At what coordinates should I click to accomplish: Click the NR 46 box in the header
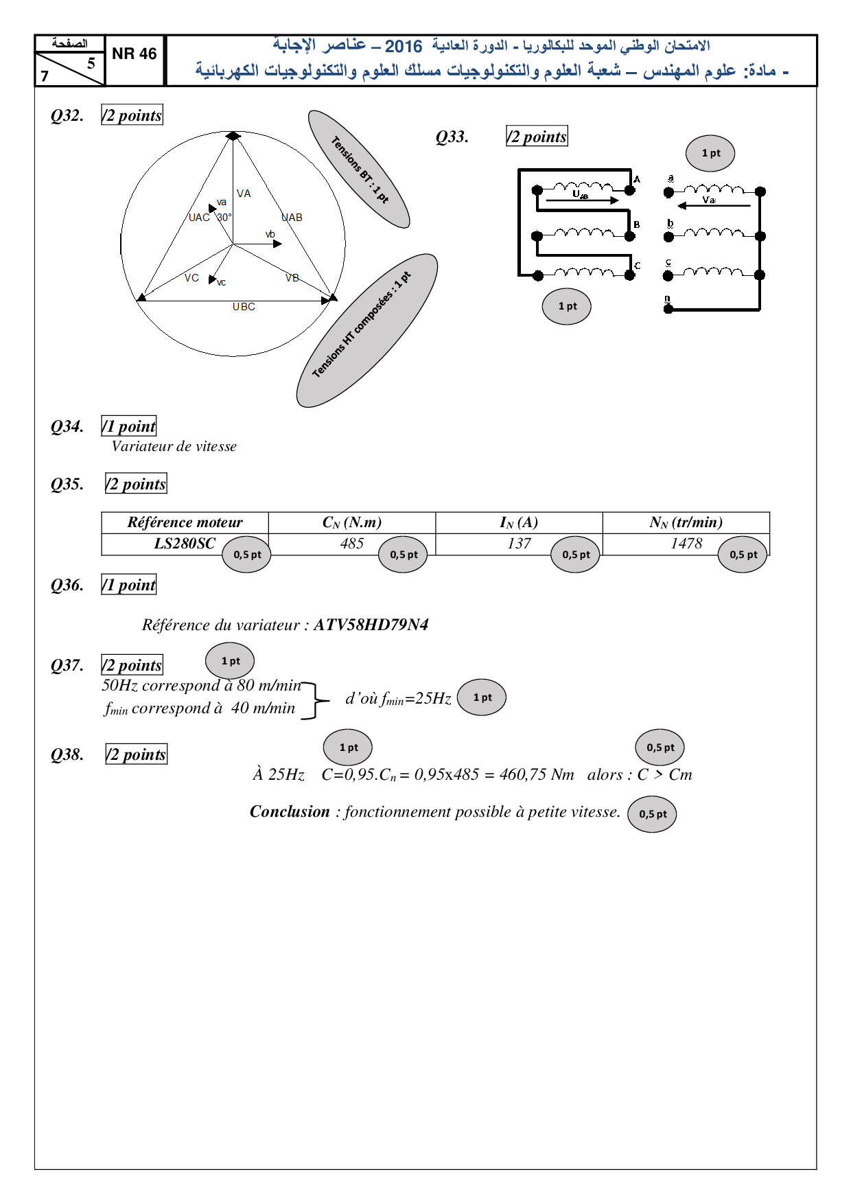[135, 54]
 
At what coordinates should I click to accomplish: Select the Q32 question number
[67, 115]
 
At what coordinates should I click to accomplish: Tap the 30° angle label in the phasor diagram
[224, 217]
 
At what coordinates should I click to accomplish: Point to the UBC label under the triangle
[244, 307]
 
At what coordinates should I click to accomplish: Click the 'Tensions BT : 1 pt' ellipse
[359, 169]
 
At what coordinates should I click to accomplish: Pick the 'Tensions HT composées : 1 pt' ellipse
[366, 330]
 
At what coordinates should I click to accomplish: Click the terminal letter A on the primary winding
[637, 179]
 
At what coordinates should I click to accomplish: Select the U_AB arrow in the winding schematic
[582, 200]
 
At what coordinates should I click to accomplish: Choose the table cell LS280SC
[184, 544]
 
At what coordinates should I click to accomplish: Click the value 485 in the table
[351, 544]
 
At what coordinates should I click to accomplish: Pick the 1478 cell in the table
[686, 544]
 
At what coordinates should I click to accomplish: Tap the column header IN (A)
[519, 522]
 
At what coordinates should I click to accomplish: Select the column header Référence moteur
[185, 522]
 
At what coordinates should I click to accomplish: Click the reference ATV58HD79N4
[371, 625]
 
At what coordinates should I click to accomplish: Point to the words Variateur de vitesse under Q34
[174, 446]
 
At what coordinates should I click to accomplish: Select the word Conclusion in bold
[290, 811]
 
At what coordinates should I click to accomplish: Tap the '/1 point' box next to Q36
[129, 585]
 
